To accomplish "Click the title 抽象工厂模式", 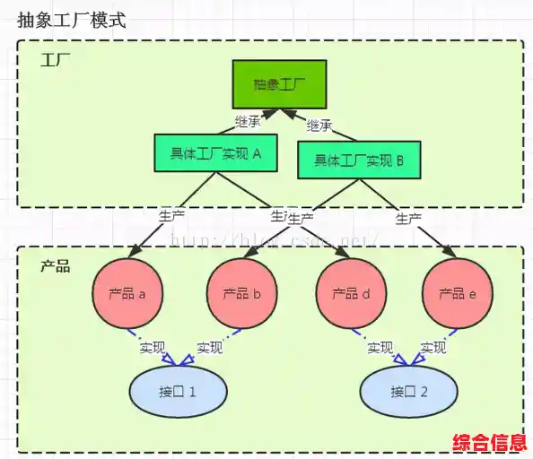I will pos(72,20).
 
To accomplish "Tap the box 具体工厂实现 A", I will pos(214,152).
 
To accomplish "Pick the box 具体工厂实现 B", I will pos(358,160).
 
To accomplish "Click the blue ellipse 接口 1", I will pos(178,392).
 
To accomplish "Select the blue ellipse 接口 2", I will pos(408,392).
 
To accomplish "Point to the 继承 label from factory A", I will pos(248,120).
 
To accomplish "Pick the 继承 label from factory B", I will pos(319,125).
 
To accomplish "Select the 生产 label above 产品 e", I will pos(409,218).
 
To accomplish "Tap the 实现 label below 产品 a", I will pos(152,347).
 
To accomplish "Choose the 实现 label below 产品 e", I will pos(433,347).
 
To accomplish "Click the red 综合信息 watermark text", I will pos(489,443).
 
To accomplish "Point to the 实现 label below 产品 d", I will pos(380,347).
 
